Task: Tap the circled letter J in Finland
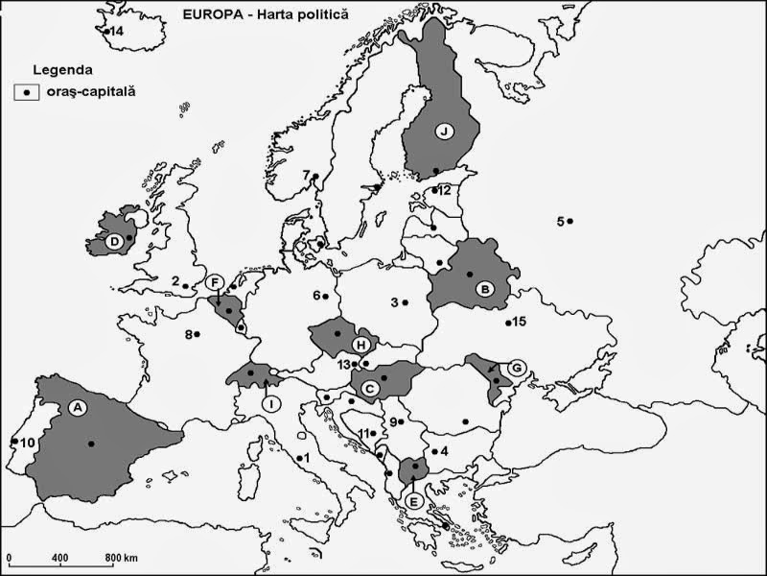click(x=444, y=132)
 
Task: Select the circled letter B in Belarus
click(x=485, y=287)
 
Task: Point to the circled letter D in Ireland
click(x=113, y=241)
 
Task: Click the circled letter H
click(x=360, y=344)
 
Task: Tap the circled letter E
click(x=413, y=500)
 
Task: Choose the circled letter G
click(x=517, y=367)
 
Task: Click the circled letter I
click(x=273, y=404)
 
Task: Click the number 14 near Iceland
click(x=117, y=32)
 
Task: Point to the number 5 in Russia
click(x=561, y=222)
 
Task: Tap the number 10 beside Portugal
click(x=27, y=442)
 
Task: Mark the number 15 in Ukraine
click(x=520, y=322)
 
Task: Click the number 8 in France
click(x=190, y=334)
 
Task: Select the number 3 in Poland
click(x=394, y=302)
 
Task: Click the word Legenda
click(x=62, y=70)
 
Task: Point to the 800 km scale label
click(x=121, y=558)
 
